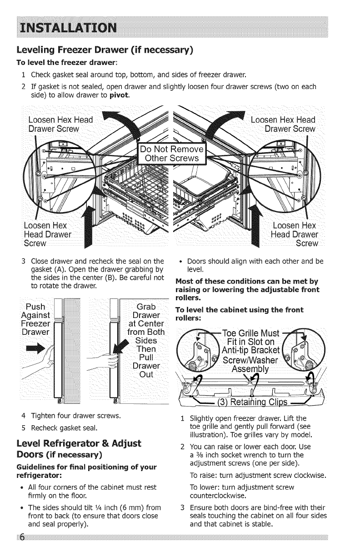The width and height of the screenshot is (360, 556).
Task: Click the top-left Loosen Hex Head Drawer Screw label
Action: (60, 124)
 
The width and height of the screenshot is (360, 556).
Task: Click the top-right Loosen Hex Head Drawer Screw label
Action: (283, 124)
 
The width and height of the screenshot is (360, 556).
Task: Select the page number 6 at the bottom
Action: (21, 548)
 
